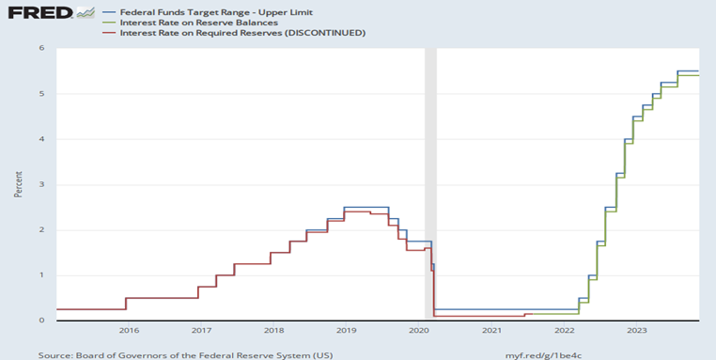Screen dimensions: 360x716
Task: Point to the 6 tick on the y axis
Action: click(x=41, y=48)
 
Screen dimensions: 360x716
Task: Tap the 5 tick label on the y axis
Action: click(x=41, y=94)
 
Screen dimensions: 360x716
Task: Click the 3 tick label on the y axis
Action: click(x=41, y=184)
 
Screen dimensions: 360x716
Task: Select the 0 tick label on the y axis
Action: click(x=41, y=321)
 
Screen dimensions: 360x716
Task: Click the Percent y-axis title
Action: click(x=19, y=183)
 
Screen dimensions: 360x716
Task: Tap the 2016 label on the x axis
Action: click(x=129, y=331)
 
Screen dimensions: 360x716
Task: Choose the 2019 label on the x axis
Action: click(x=346, y=331)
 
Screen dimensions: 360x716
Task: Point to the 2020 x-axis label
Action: click(x=419, y=331)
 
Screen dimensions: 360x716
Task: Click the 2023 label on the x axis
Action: click(x=636, y=331)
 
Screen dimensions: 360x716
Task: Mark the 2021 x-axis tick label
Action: click(x=491, y=331)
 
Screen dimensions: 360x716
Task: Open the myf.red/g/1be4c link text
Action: click(x=543, y=355)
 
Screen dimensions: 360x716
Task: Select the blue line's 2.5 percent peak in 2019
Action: click(x=366, y=207)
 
